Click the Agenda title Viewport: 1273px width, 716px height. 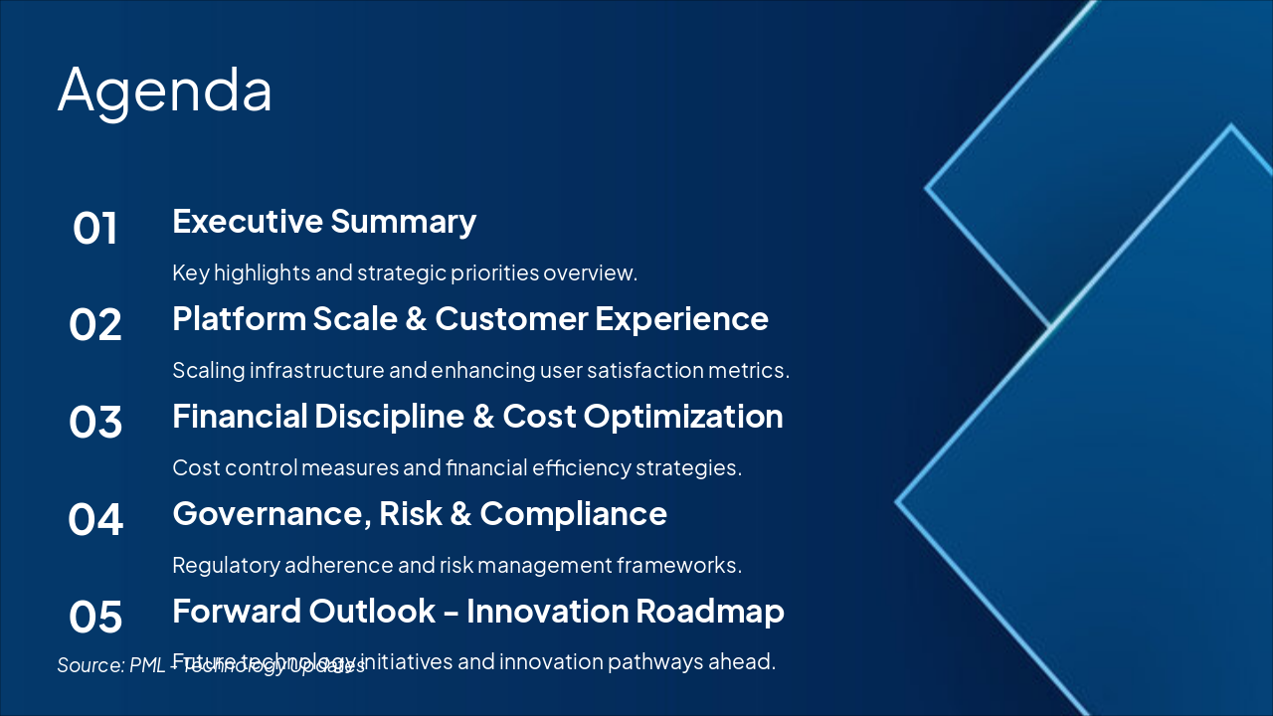[165, 90]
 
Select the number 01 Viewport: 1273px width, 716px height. [95, 229]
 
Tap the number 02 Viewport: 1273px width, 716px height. [95, 325]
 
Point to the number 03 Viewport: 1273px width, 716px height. [95, 423]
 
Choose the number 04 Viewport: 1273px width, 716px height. [95, 519]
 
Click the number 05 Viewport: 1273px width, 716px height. [95, 617]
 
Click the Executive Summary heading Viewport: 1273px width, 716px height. [324, 221]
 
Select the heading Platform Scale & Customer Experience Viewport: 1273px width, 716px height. [469, 318]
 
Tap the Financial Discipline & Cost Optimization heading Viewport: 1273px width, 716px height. [477, 416]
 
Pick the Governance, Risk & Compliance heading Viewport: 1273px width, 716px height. [419, 513]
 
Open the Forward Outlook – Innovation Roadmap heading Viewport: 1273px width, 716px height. [477, 611]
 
